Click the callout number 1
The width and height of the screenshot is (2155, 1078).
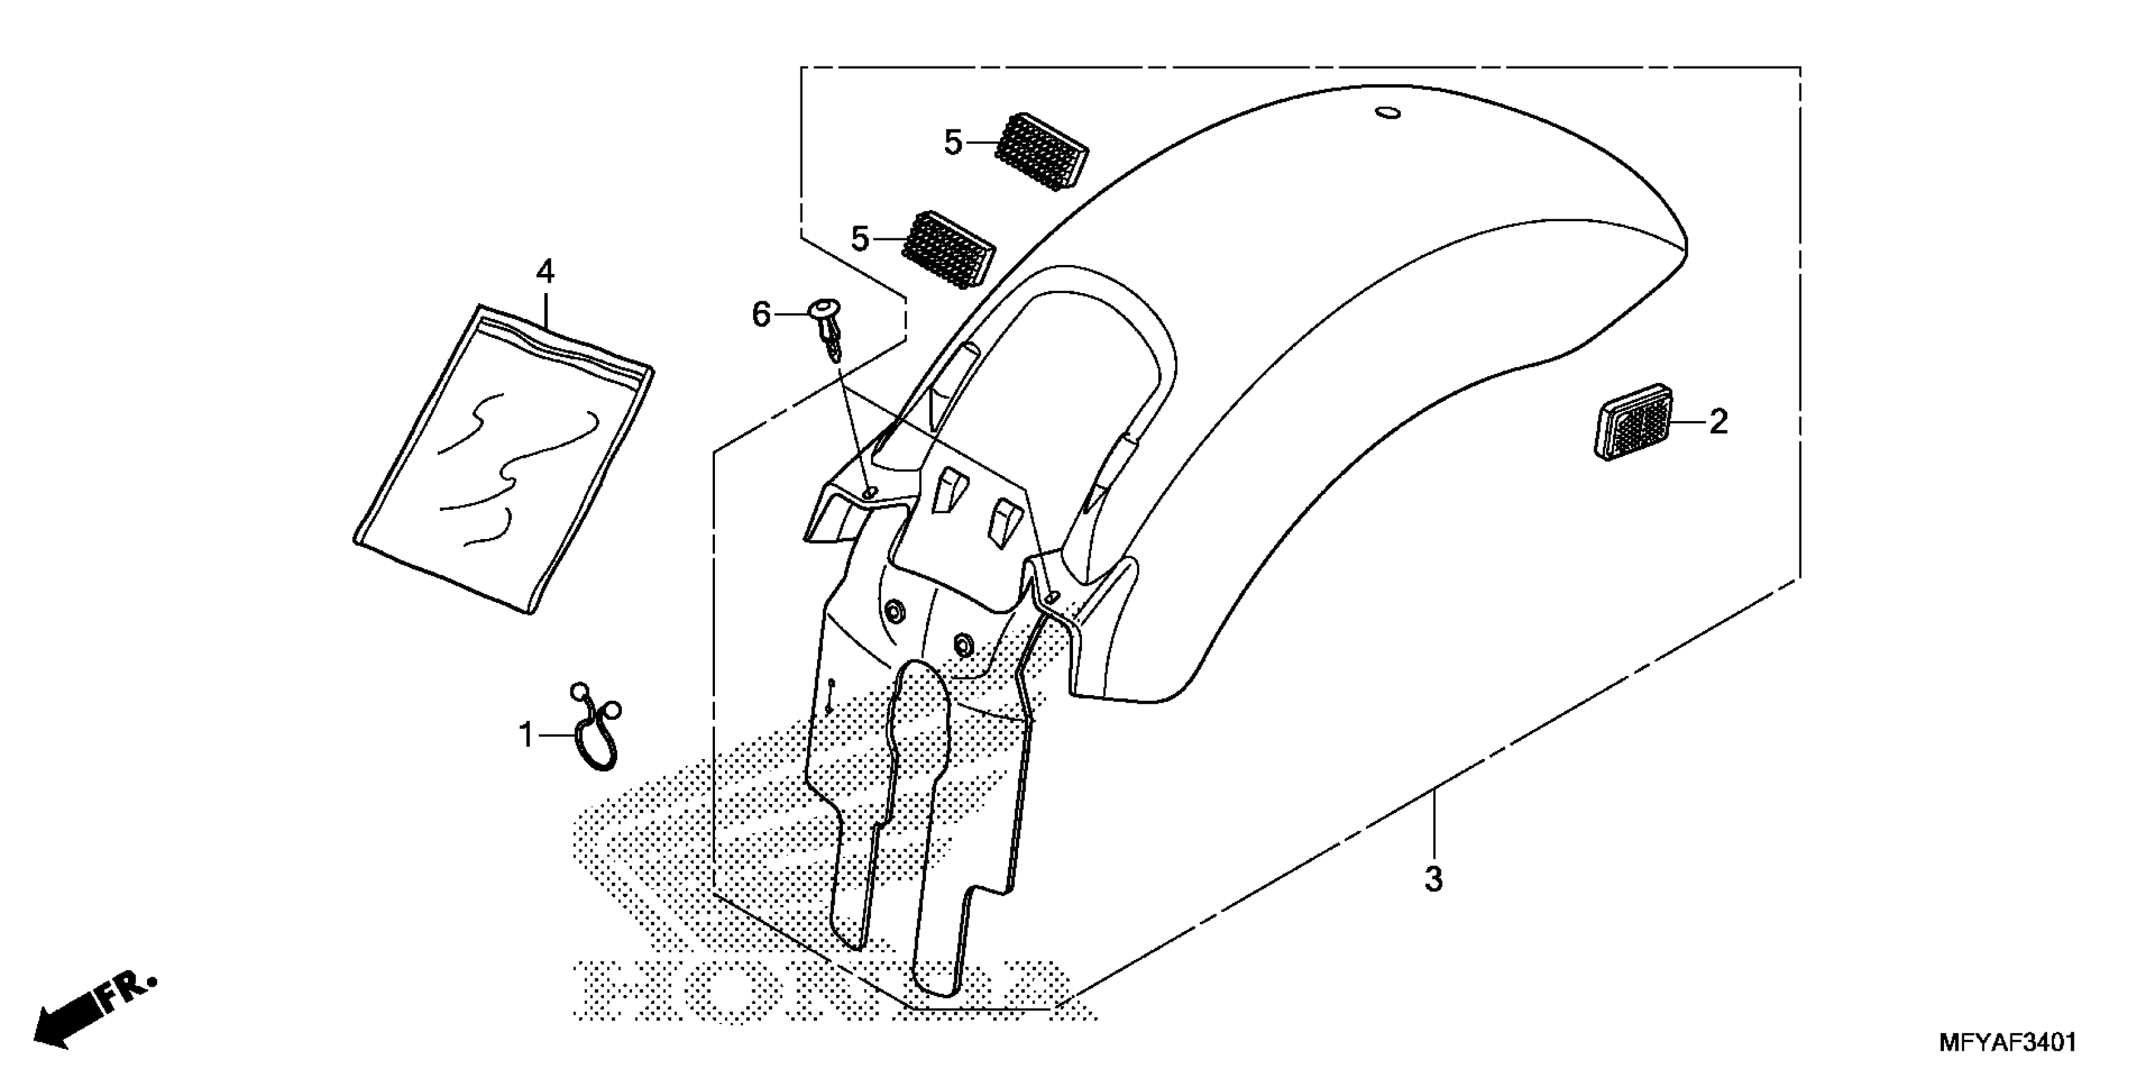[525, 736]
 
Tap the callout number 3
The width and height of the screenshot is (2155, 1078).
[1433, 880]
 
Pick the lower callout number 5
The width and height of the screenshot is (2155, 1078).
[860, 239]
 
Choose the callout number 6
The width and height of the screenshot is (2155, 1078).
[761, 316]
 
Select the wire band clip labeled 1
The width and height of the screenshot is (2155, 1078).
[596, 725]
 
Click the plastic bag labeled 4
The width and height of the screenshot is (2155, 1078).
[502, 460]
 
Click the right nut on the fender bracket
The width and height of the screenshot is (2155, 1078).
[962, 644]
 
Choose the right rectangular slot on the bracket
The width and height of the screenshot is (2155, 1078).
[1001, 524]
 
